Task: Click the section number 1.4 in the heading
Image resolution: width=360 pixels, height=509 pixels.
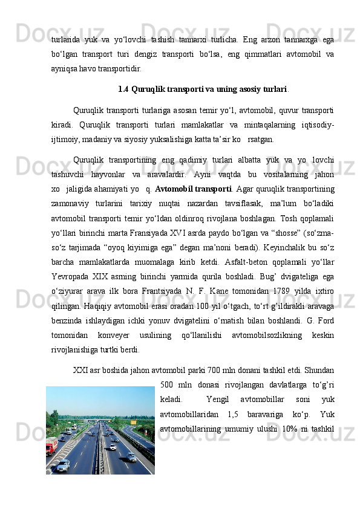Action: pos(123,89)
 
